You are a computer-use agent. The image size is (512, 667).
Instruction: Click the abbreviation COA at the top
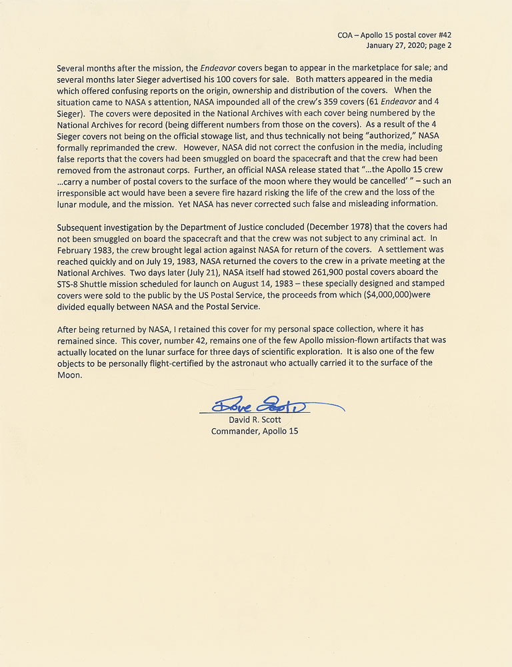tap(347, 35)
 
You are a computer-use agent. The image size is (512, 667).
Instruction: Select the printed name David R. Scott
tap(255, 420)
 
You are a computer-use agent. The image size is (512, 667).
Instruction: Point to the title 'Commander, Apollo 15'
tap(255, 431)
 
